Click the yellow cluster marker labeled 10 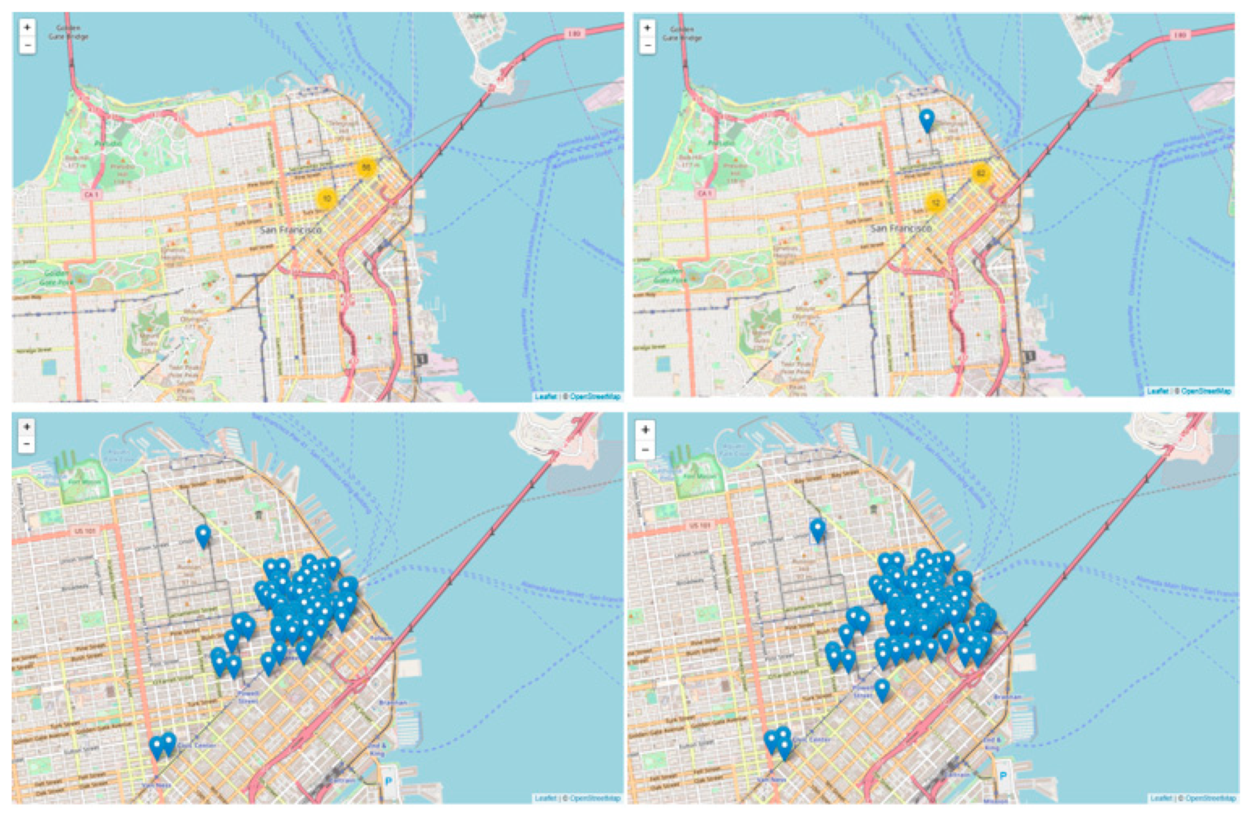[x=327, y=198]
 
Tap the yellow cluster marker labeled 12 [x=936, y=203]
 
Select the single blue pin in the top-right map [x=927, y=119]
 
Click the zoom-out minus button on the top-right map [x=647, y=46]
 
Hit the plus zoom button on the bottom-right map [x=645, y=430]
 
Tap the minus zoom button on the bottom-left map [x=27, y=444]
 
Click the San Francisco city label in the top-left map [x=291, y=230]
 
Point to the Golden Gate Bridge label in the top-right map [x=682, y=33]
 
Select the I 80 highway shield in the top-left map [x=574, y=34]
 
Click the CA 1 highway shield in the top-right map [x=704, y=194]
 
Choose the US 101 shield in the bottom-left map [x=85, y=530]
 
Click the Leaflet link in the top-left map [x=546, y=396]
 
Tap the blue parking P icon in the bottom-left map [x=388, y=781]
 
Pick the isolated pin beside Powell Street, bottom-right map [x=882, y=689]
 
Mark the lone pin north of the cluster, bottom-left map [x=203, y=535]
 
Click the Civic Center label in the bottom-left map [x=197, y=745]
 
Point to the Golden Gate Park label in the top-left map [x=56, y=278]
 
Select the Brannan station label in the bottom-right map [x=1006, y=697]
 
